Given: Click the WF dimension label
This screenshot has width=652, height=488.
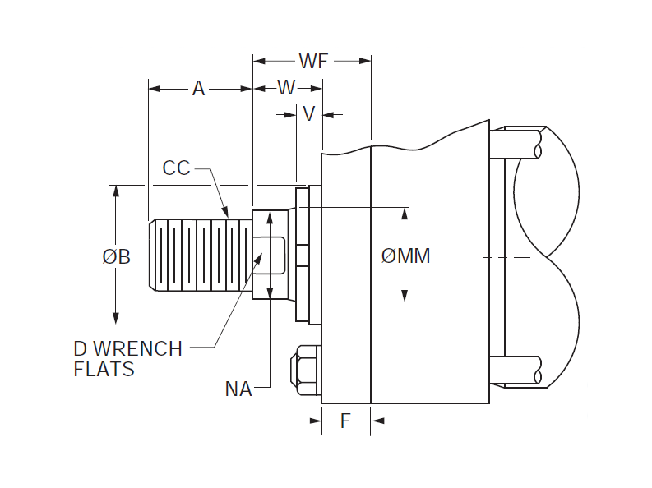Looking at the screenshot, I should [312, 61].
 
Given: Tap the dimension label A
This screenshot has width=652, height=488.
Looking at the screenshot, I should [198, 89].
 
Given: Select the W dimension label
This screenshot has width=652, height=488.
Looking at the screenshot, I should [286, 88].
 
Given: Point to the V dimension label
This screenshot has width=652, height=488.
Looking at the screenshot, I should [309, 114].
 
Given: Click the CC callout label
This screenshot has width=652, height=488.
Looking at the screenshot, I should [176, 168].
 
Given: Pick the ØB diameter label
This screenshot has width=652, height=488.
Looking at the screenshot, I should [116, 256].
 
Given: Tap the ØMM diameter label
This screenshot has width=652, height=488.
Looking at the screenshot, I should [406, 256].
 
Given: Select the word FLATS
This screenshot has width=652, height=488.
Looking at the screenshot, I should [104, 370].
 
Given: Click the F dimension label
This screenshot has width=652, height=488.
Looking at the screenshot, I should [345, 421].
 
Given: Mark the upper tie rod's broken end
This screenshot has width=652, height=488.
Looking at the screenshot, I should [538, 144].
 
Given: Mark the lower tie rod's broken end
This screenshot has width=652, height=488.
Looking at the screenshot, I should [538, 371].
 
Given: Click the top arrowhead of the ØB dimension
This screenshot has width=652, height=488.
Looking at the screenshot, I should [116, 191].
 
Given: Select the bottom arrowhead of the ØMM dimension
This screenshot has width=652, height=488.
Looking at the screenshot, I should [405, 297].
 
